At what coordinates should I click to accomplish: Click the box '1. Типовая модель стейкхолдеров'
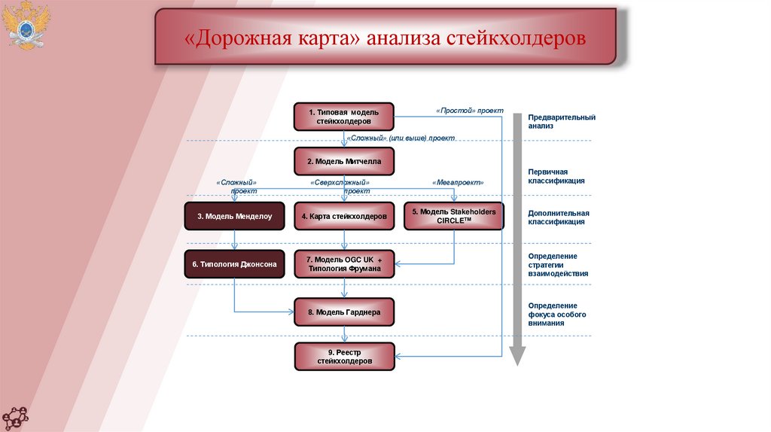(343, 117)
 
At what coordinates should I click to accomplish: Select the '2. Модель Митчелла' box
(343, 161)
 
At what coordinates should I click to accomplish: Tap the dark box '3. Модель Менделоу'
(235, 216)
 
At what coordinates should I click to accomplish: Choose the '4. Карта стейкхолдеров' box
(343, 216)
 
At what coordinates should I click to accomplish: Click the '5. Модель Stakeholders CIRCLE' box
(453, 216)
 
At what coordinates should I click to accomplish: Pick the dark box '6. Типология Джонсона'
(235, 264)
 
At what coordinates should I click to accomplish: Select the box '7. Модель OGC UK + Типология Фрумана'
(343, 264)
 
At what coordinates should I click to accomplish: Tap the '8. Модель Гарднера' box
(343, 312)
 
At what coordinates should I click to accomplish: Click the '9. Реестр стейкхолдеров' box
(343, 357)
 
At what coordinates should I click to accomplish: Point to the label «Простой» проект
(469, 110)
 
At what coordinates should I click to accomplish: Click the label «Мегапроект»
(458, 182)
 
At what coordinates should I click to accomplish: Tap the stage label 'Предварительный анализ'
(561, 121)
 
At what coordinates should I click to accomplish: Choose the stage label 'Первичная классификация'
(556, 176)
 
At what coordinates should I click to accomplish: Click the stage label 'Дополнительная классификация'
(558, 218)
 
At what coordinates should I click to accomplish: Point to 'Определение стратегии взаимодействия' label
(558, 265)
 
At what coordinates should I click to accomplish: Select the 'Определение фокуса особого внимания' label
(556, 314)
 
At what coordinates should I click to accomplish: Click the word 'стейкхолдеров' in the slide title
(516, 38)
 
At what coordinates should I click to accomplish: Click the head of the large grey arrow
(517, 355)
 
